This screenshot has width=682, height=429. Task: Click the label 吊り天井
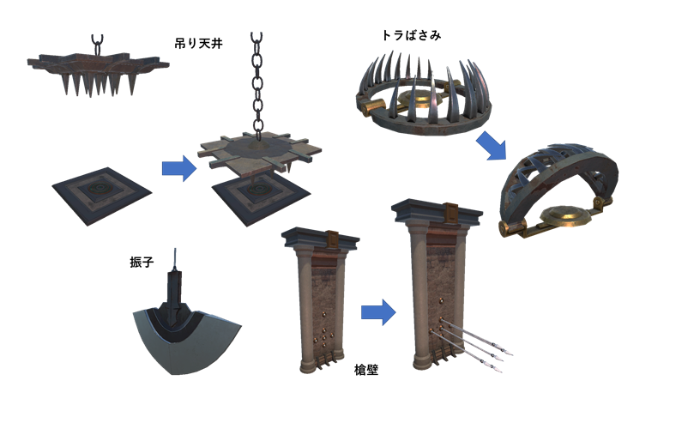click(x=198, y=43)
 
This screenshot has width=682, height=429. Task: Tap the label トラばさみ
click(x=412, y=35)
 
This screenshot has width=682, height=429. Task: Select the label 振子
click(x=142, y=262)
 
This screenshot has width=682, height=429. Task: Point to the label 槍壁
click(x=366, y=370)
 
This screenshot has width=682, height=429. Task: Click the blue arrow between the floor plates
click(x=179, y=168)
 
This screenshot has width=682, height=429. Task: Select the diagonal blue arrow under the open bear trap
click(x=492, y=145)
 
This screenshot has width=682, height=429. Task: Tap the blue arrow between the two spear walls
click(x=378, y=312)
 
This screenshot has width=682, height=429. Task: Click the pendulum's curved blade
click(x=187, y=344)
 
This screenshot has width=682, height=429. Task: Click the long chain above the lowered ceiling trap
click(x=257, y=87)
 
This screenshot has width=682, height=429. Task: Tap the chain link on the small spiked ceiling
click(x=97, y=45)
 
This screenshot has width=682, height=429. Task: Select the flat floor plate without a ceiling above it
click(x=102, y=196)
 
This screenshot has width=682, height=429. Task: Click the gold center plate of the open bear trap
click(x=420, y=100)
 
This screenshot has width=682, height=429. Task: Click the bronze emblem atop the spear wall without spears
click(x=333, y=239)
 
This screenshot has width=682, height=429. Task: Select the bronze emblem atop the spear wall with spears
click(x=451, y=213)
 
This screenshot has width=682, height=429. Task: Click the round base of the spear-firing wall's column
click(x=421, y=361)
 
